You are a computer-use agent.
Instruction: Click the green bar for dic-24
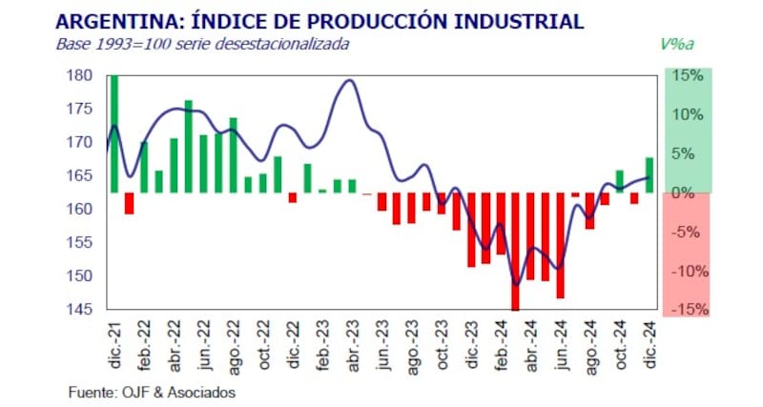point(650,175)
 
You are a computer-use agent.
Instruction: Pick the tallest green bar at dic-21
point(114,133)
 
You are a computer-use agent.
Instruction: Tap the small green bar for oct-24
point(620,181)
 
